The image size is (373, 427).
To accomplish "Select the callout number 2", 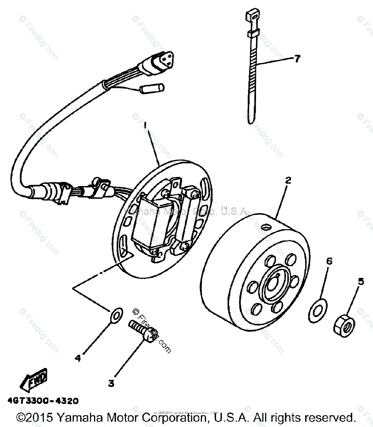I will point(288,180).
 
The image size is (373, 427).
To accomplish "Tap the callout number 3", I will point(111,383).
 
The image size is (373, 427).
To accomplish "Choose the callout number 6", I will point(329,262).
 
